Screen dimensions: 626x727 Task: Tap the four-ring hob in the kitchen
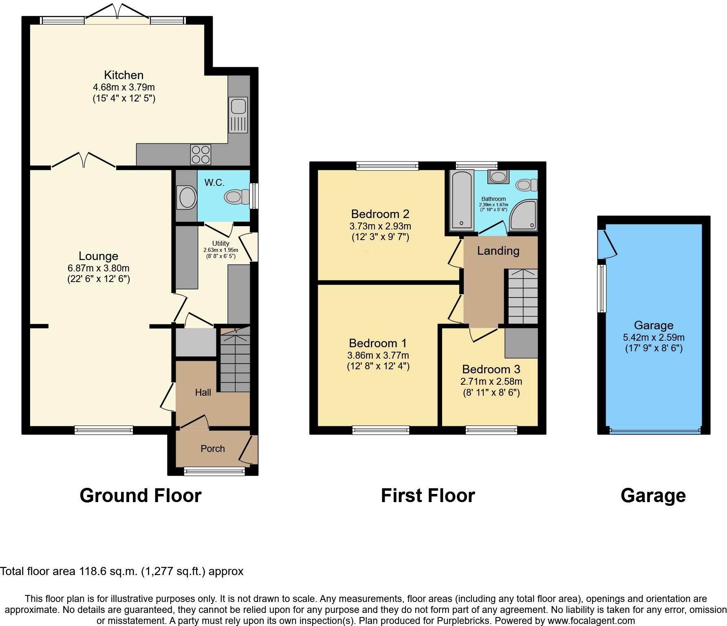click(x=200, y=154)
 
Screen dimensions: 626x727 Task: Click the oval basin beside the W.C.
click(x=187, y=197)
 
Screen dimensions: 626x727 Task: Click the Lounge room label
click(x=98, y=256)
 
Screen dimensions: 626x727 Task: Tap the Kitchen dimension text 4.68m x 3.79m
click(x=124, y=87)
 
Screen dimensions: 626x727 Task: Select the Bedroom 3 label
click(x=491, y=369)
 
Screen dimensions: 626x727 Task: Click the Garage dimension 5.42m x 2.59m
click(x=654, y=337)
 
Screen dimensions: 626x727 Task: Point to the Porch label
click(x=213, y=448)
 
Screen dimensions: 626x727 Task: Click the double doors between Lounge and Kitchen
click(x=84, y=161)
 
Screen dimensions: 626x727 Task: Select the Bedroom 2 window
click(x=387, y=165)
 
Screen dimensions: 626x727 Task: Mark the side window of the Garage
click(x=601, y=288)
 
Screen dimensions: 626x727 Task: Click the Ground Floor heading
click(x=141, y=496)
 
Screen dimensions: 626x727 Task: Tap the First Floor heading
click(x=428, y=496)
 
